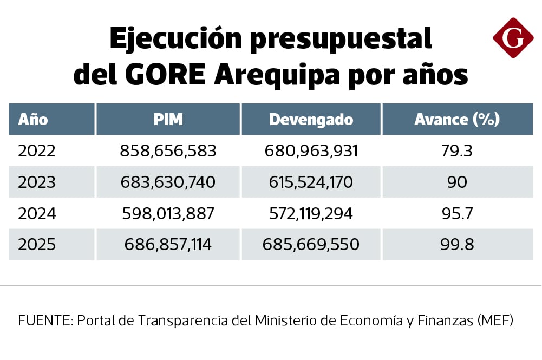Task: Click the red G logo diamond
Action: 513,38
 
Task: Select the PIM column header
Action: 168,120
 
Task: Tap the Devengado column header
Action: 311,120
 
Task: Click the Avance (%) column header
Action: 457,120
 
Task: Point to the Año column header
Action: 33,120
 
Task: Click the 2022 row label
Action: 37,151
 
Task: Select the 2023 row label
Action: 37,182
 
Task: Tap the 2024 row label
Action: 37,213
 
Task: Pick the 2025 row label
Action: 37,245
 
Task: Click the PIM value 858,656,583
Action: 168,151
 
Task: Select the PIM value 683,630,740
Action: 168,182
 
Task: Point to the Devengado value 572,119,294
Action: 311,213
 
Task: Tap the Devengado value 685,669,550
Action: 311,245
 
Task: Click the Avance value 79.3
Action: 457,151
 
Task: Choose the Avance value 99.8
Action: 457,245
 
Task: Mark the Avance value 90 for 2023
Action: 457,182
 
